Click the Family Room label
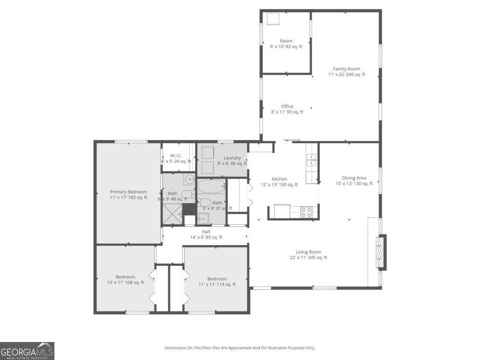click(346, 72)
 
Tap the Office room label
click(287, 109)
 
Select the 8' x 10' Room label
click(286, 44)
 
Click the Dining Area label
click(354, 181)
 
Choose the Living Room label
click(308, 255)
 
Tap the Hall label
click(206, 234)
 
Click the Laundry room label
click(232, 160)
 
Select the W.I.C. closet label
click(176, 158)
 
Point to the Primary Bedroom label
click(128, 194)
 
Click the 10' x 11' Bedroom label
click(125, 280)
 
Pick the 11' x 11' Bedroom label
click(217, 282)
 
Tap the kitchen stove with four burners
click(306, 212)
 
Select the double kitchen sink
click(311, 160)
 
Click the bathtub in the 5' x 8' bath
click(212, 186)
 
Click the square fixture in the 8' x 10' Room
click(273, 19)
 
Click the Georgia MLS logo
click(27, 351)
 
